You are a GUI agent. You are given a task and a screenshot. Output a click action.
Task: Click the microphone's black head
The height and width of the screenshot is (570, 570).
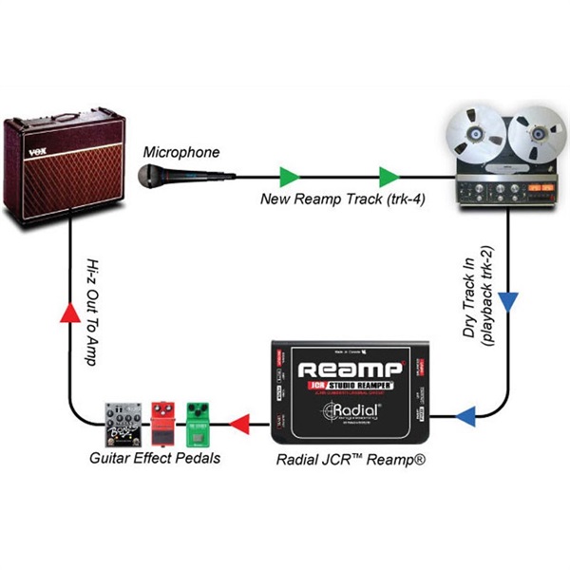point(148,173)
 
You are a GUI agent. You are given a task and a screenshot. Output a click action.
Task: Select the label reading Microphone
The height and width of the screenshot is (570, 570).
point(181,152)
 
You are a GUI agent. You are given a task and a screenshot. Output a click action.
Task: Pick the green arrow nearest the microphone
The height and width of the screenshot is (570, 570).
point(290,176)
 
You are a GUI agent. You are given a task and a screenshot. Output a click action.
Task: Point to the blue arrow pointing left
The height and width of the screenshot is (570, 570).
point(466,414)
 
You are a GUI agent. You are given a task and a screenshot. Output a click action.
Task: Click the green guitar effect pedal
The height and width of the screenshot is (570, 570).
point(199,423)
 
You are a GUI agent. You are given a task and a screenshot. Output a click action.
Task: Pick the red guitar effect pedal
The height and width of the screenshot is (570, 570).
point(164,423)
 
